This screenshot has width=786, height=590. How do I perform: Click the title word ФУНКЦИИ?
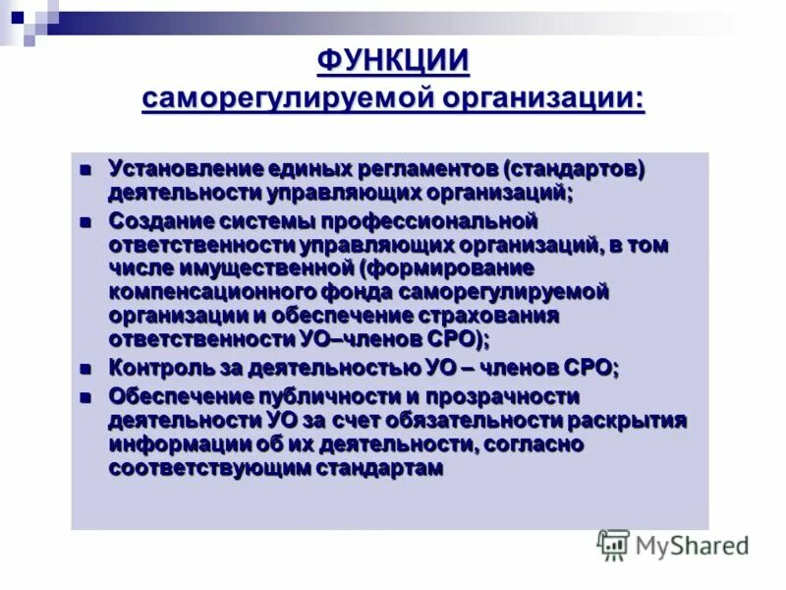click(392, 62)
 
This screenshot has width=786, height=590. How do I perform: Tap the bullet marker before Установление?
click(85, 170)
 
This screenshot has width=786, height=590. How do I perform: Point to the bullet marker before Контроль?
click(85, 369)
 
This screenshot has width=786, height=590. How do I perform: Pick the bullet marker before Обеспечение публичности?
click(85, 397)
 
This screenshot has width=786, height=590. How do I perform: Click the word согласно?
click(534, 444)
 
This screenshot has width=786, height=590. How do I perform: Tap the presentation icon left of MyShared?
click(613, 545)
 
